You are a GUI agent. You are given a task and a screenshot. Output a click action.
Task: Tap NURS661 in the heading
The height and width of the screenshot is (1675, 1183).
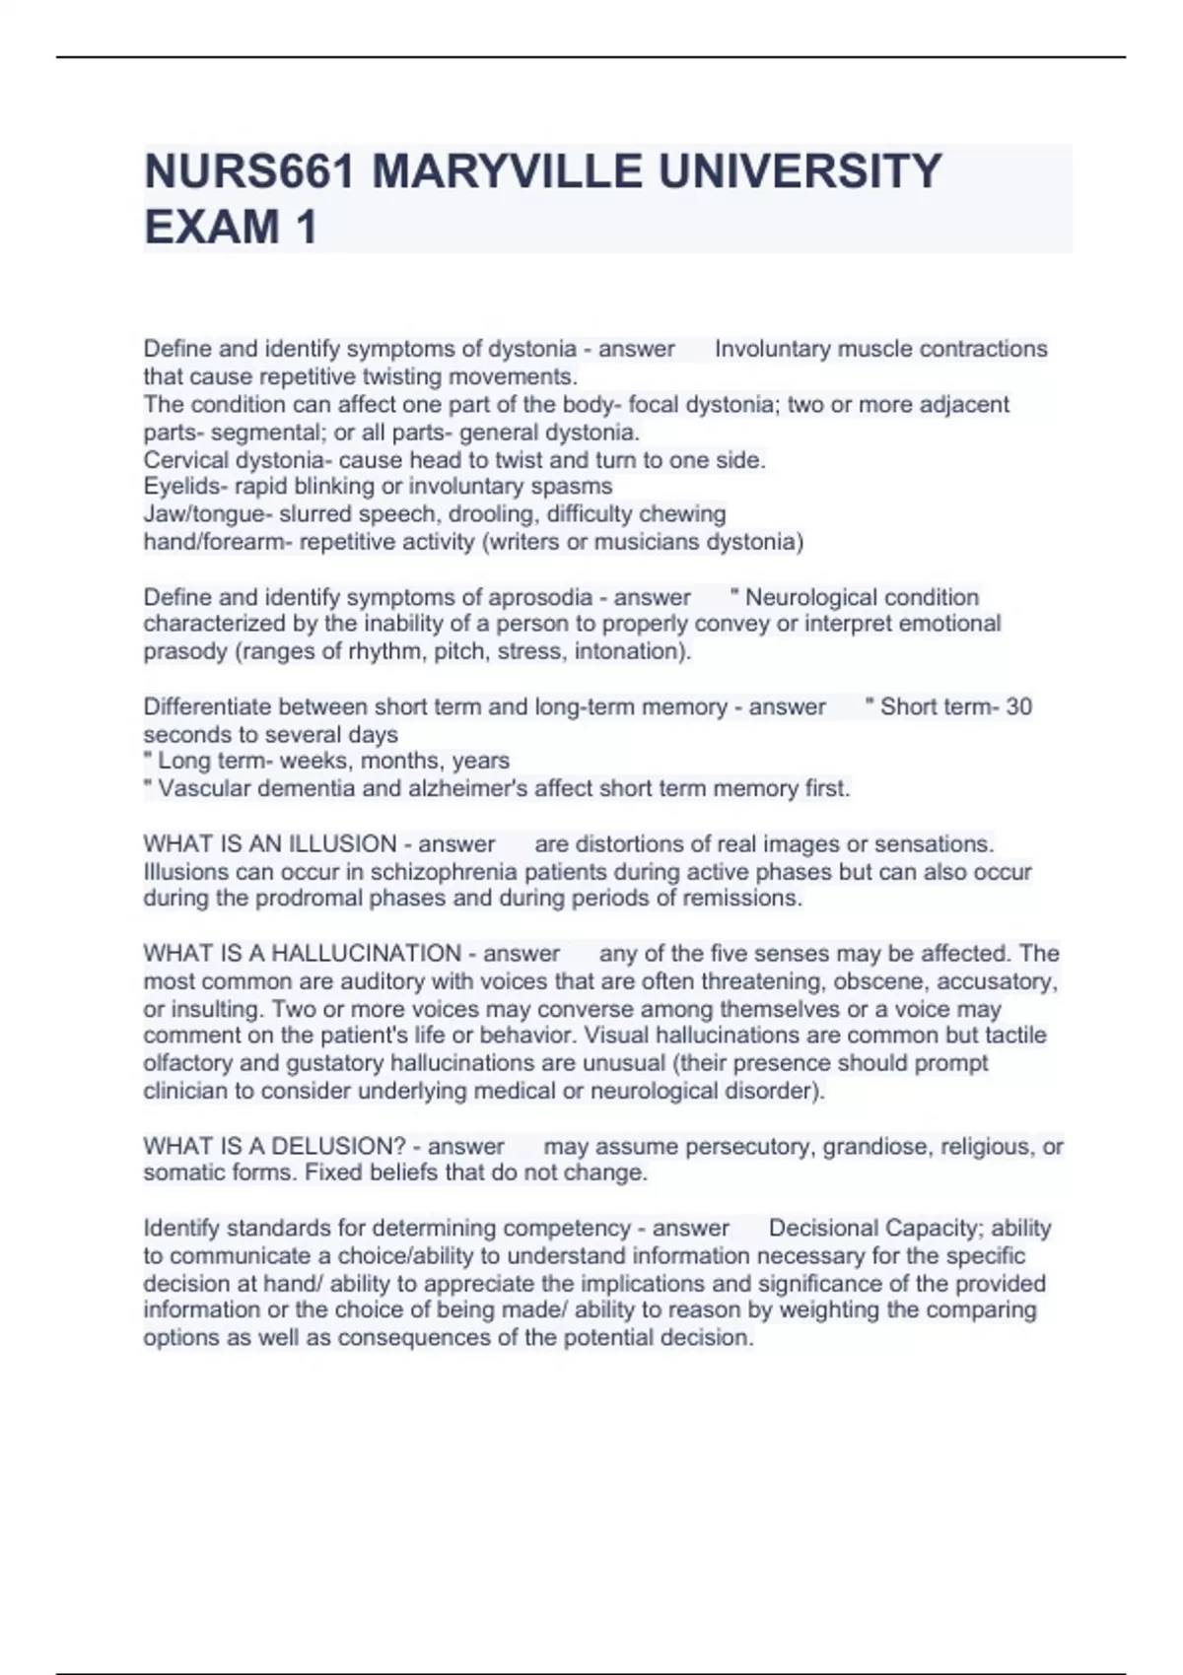pyautogui.click(x=249, y=171)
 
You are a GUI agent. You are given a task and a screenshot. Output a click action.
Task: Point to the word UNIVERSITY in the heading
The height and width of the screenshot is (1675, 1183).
pyautogui.click(x=800, y=171)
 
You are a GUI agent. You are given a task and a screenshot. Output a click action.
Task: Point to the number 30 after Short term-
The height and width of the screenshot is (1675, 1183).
pyautogui.click(x=1018, y=706)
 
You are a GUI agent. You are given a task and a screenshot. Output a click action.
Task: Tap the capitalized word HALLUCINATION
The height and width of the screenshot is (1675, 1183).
pyautogui.click(x=366, y=953)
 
